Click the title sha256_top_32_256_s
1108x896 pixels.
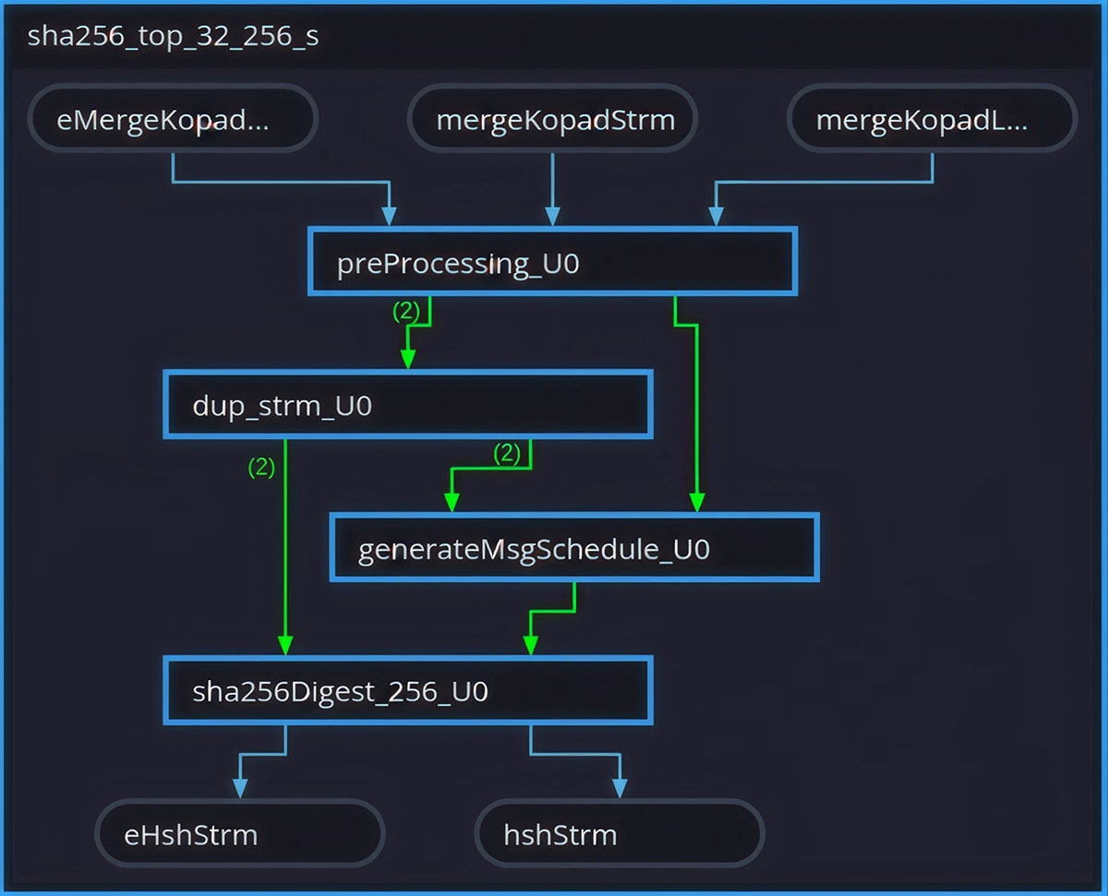[x=174, y=37]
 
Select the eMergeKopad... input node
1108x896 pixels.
[x=173, y=119]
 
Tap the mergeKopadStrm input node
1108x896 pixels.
[x=552, y=119]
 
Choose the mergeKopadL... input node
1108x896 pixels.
[x=932, y=119]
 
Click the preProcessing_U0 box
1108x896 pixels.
[x=552, y=263]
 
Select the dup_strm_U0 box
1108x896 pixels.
[x=408, y=405]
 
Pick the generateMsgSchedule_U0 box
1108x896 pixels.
[x=574, y=549]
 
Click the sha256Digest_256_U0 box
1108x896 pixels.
[x=408, y=691]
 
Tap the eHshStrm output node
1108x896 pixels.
[x=239, y=835]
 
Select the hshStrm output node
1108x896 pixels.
[x=619, y=835]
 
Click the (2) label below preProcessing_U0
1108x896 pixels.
[x=406, y=312]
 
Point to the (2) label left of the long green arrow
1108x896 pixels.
[x=261, y=468]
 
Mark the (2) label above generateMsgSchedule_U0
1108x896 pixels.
[x=507, y=453]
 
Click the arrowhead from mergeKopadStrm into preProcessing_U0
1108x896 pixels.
[x=552, y=217]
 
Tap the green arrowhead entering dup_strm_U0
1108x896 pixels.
[x=407, y=360]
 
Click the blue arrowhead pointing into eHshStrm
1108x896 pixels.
[x=240, y=788]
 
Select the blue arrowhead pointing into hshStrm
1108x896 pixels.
[x=620, y=788]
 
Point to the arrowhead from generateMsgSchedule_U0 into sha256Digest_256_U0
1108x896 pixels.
[x=530, y=645]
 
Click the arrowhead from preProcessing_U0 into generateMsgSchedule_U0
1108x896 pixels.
[x=697, y=502]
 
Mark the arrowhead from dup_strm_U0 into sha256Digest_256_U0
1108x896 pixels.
[x=285, y=645]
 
